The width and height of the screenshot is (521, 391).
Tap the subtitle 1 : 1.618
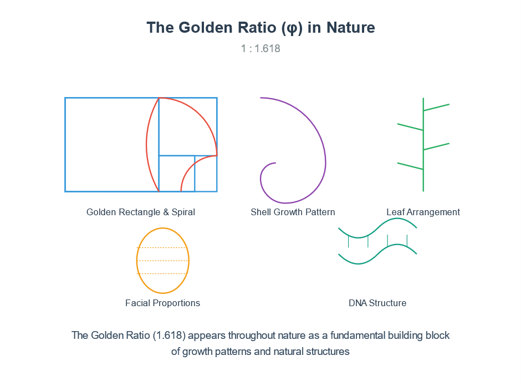260,49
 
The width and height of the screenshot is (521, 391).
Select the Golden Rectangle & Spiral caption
141,212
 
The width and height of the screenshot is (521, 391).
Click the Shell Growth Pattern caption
293,212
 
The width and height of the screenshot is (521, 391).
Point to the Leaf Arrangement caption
423,212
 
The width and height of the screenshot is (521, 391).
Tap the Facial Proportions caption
162,303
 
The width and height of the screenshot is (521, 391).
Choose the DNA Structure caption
377,303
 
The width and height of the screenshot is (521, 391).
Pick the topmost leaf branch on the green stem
436,108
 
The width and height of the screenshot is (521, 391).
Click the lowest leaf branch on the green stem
410,166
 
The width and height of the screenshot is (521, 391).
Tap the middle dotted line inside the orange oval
163,261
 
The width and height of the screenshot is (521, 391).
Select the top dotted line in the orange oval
163,248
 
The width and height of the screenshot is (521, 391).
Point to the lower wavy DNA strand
377,255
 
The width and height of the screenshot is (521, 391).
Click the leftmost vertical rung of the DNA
348,241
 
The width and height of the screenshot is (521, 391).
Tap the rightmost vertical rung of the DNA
407,241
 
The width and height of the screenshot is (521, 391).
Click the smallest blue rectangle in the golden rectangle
206,174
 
